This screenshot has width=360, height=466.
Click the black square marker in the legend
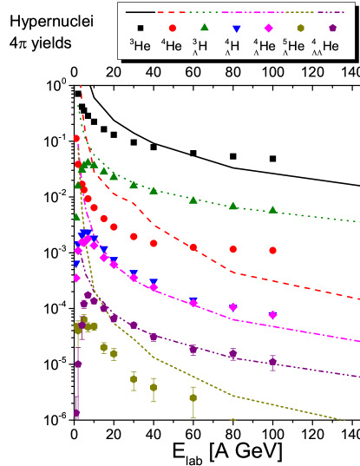coord(140,28)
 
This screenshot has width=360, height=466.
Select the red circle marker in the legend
coord(172,28)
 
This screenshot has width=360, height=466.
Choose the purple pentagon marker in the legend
coord(331,28)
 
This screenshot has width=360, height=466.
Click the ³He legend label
coord(140,47)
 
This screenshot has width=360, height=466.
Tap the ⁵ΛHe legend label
coord(298,48)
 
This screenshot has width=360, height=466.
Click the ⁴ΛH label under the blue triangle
coord(234,48)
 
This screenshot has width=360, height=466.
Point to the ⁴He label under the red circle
coord(172,47)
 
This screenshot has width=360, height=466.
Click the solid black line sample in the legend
coord(141,12)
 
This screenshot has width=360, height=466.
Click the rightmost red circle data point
coord(273,250)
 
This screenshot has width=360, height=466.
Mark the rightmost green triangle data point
coord(273,209)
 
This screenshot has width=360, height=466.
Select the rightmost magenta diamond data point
coord(273,315)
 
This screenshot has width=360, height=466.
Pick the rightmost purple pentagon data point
coord(273,362)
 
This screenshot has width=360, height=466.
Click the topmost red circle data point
coord(77,138)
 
